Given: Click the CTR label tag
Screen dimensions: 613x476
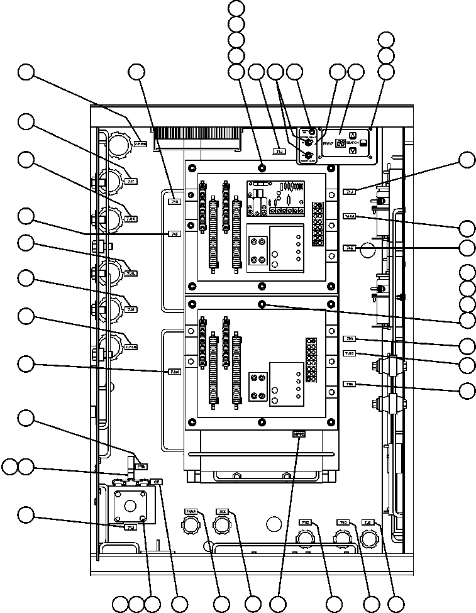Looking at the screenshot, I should pos(141,467).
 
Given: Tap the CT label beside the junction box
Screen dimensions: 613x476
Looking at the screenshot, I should pos(158,482).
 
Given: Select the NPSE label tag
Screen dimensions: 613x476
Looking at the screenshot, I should pos(298,434).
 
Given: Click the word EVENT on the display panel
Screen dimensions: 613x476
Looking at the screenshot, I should pos(328,143).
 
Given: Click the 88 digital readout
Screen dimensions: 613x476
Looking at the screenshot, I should pos(340,143).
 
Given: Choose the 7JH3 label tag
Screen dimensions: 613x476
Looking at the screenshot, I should pos(350,353).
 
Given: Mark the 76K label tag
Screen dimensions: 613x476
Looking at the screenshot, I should pos(350,384).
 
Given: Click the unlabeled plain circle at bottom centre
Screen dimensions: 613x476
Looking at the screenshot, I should pos(274,523).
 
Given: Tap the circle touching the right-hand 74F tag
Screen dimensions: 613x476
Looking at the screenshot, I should pos(368,250).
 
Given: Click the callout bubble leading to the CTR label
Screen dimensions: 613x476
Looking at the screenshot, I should pos(26,417).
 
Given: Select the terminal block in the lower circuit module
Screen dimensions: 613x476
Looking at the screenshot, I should pos(310,359).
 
